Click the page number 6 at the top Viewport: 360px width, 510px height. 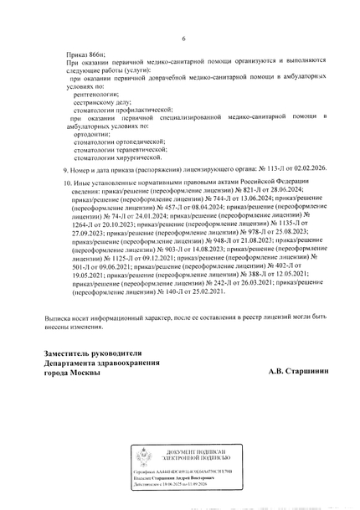coord(183,39)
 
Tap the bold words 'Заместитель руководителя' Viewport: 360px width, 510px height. coord(100,354)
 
